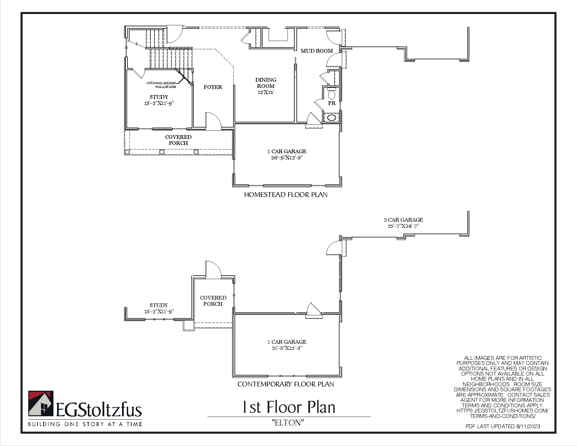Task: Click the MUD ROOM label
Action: [x=317, y=51]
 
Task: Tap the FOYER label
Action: [x=213, y=87]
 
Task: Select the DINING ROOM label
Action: [x=266, y=83]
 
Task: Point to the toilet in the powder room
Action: [x=332, y=94]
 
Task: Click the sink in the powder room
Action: [x=332, y=118]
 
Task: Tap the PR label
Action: [x=332, y=103]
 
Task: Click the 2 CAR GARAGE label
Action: [x=403, y=220]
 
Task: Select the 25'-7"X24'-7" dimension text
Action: [x=403, y=226]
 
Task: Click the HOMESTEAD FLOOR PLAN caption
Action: [x=286, y=195]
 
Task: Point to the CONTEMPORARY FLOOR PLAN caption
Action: [x=286, y=384]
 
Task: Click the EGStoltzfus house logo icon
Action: [x=41, y=404]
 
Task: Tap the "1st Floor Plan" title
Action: [x=289, y=407]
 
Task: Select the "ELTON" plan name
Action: [x=288, y=423]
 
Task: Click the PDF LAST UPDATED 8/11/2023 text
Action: [x=502, y=426]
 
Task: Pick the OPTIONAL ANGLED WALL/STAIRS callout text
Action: [x=161, y=85]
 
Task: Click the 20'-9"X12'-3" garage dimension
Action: [x=287, y=158]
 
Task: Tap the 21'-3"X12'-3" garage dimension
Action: [x=287, y=348]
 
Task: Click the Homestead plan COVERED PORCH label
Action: [x=178, y=140]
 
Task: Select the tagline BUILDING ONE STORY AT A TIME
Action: [x=85, y=424]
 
